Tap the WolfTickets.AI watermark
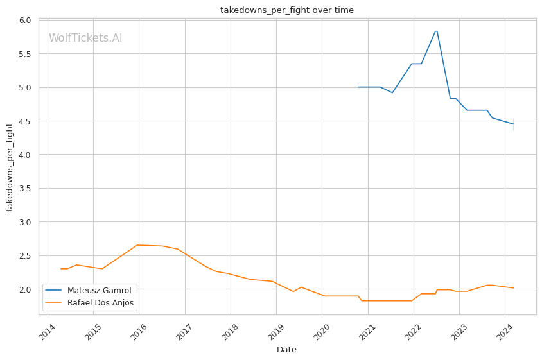pos(85,39)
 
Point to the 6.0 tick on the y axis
pos(25,21)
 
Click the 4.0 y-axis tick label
pos(25,155)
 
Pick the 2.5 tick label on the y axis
pos(25,256)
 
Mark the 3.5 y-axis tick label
pos(25,189)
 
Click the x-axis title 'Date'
pos(286,350)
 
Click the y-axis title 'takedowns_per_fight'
pos(10,167)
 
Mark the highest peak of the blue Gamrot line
pos(436,31)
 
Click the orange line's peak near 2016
pos(137,245)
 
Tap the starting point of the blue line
pos(358,87)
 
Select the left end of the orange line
pos(61,269)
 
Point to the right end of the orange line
pos(513,288)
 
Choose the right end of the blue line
pos(513,124)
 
